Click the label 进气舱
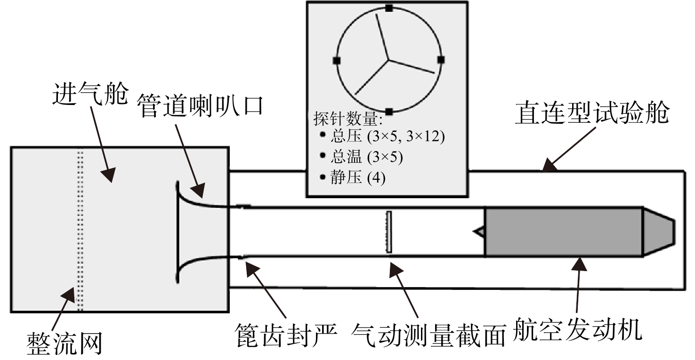coord(90,94)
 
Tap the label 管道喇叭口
coord(201,106)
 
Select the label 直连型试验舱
coord(592,112)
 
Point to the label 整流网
coord(65,344)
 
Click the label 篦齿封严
coord(286,335)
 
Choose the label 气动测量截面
coord(428,335)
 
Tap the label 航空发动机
coord(577,329)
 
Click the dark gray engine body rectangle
coord(564,232)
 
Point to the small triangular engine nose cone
coord(479,232)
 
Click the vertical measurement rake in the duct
coord(388,232)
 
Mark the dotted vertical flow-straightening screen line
coord(80,230)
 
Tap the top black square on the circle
coord(389,8)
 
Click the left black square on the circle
coord(337,60)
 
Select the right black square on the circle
coord(441,60)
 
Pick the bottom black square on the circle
coord(389,112)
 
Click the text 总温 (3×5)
coord(366,157)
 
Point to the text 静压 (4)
coord(358,178)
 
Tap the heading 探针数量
coord(348,119)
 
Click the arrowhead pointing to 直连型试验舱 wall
coord(550,165)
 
